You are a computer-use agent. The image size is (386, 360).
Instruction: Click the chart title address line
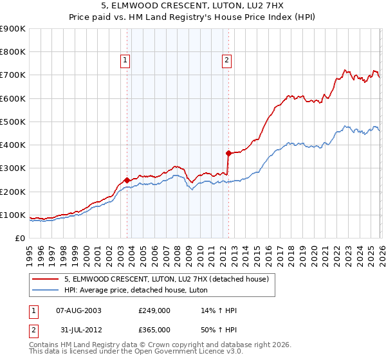click(192, 5)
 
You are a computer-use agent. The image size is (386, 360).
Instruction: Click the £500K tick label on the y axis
click(12, 122)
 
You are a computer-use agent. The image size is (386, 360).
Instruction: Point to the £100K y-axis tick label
click(12, 215)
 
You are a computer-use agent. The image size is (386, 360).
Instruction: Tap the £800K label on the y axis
click(12, 52)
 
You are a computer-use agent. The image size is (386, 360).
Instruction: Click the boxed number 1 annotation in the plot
click(125, 61)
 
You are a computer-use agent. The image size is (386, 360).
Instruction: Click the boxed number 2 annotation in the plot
click(227, 61)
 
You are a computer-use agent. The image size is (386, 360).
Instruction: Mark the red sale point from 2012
click(228, 153)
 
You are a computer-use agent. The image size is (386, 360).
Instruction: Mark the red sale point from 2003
click(127, 180)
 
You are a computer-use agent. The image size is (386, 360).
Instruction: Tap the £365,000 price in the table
click(154, 329)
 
